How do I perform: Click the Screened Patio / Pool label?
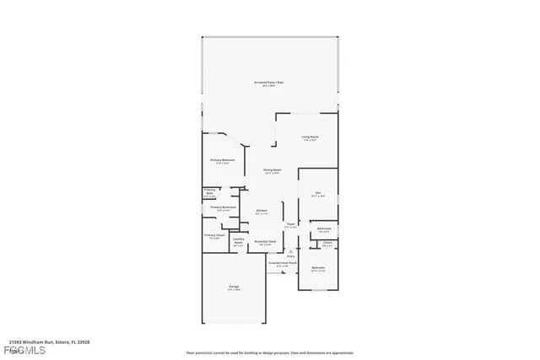point(270,83)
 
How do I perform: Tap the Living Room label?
point(310,138)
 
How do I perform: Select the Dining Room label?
point(271,170)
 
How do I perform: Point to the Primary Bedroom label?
point(223,161)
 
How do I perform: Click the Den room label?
point(318,195)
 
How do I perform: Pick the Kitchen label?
point(262,212)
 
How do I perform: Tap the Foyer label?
point(290,226)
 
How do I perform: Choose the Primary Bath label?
point(210,193)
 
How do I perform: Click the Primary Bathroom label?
point(223,208)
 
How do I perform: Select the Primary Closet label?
point(214,236)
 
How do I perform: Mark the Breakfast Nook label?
point(265,243)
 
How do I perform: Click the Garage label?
point(234,288)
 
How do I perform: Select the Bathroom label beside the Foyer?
point(323,229)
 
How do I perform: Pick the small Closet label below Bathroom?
point(327,244)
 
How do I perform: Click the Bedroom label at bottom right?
point(318,270)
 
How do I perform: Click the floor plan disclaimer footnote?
point(270,353)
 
